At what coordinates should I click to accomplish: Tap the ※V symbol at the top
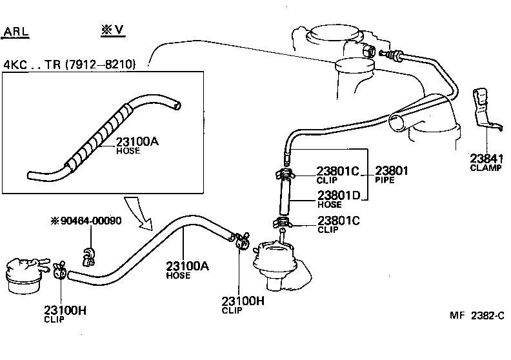[112, 30]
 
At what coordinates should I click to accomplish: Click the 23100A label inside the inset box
[136, 143]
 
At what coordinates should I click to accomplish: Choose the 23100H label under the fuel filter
[65, 310]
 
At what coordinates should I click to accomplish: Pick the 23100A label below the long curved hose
[186, 266]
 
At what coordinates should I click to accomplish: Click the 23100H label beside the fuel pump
[243, 301]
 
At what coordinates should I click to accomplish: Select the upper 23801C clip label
[337, 172]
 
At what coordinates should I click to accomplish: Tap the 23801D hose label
[337, 195]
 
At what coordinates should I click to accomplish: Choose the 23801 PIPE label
[392, 172]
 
